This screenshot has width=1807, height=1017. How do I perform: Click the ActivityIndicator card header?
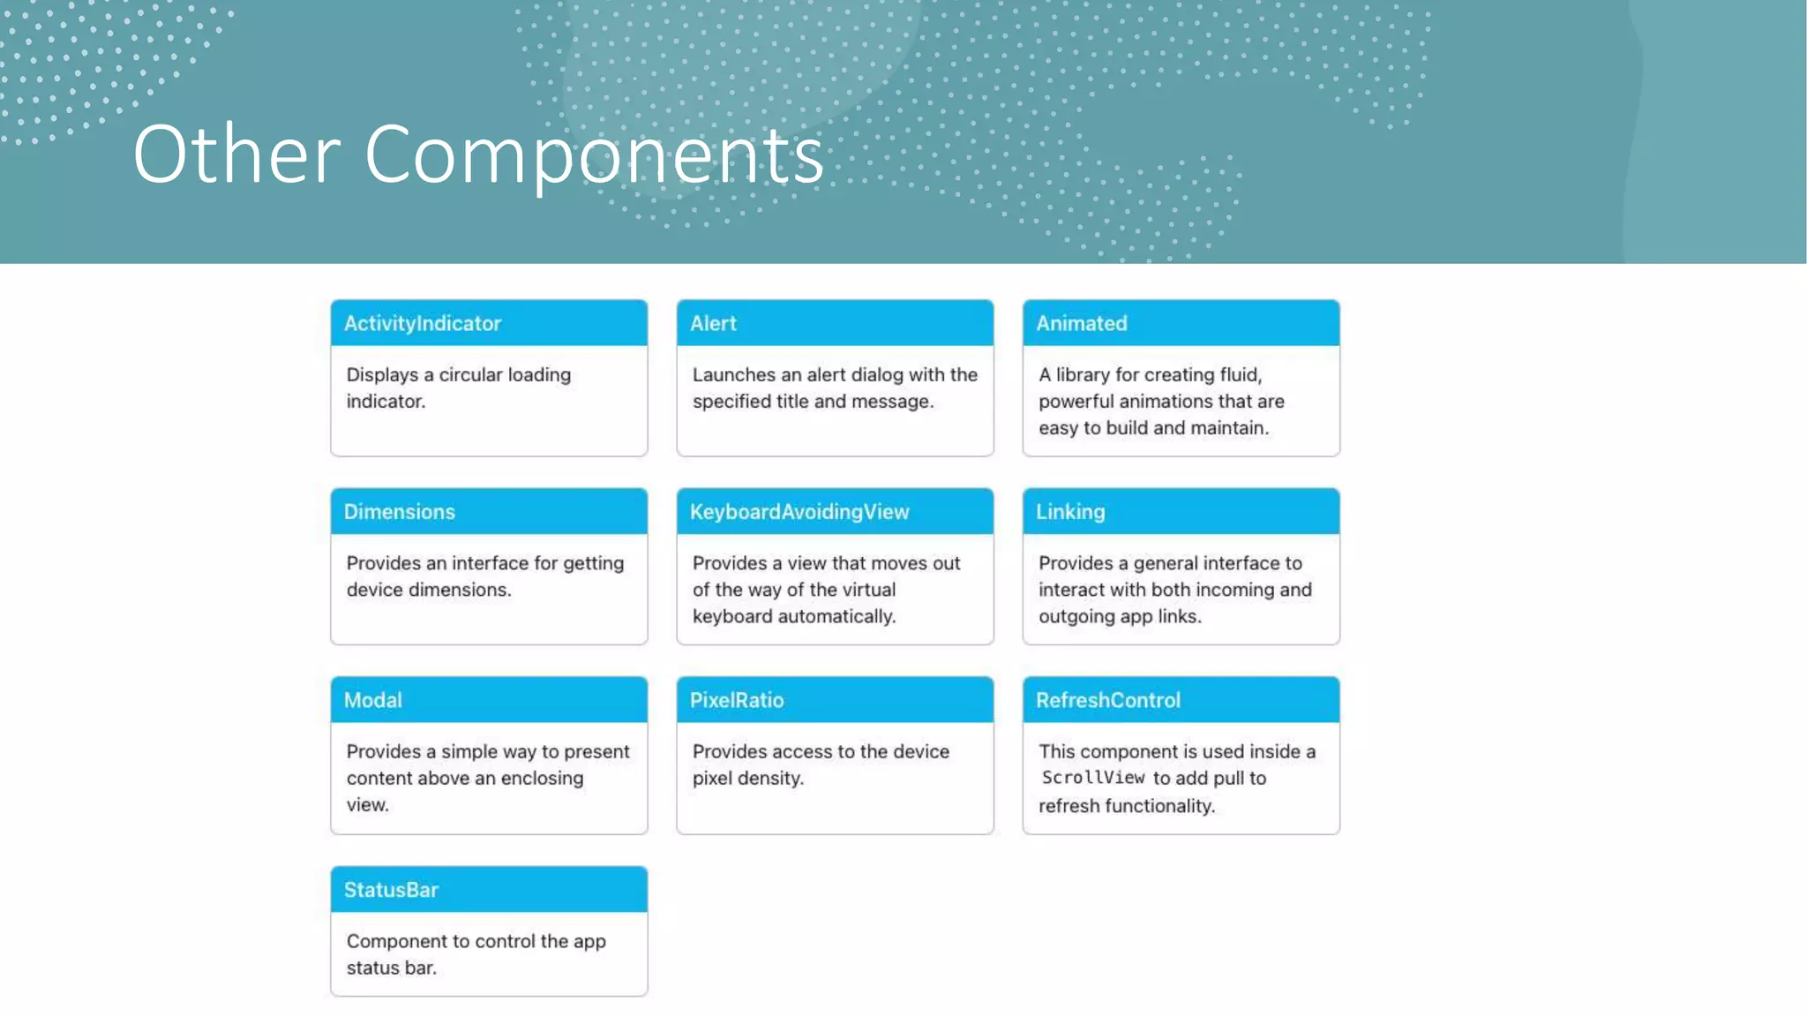tap(423, 324)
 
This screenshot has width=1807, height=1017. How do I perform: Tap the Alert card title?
tap(713, 324)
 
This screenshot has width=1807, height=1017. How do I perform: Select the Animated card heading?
tap(1082, 324)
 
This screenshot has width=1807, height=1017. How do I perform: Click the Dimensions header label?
tap(400, 512)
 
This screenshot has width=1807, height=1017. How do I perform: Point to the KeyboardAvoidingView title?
tap(799, 512)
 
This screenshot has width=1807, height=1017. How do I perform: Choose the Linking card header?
tap(1070, 512)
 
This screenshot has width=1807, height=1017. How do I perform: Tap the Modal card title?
tap(373, 701)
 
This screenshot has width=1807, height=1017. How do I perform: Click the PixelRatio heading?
tap(737, 701)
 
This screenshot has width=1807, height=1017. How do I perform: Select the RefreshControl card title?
tap(1108, 701)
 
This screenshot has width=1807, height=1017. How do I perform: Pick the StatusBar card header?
tap(391, 890)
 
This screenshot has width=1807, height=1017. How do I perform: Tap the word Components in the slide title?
tap(594, 156)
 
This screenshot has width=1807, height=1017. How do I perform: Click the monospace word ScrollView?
tap(1093, 778)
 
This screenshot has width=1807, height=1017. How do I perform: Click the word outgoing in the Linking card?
tap(1076, 616)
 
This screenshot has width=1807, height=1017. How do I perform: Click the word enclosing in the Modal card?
tap(542, 779)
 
